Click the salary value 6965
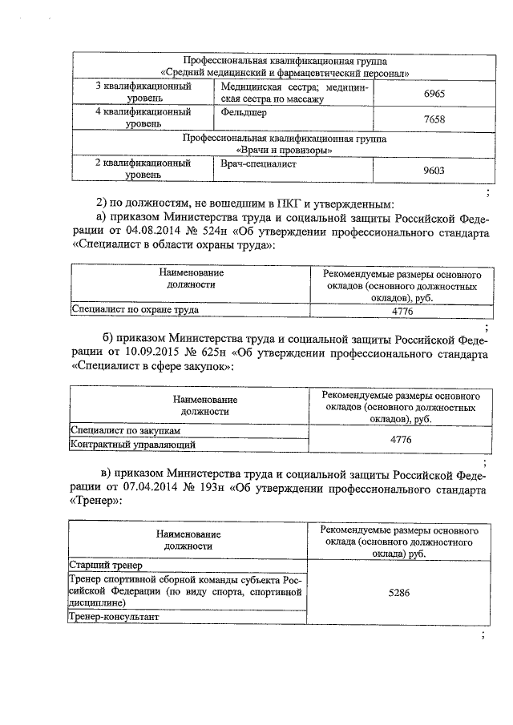[x=434, y=95]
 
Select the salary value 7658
[x=434, y=119]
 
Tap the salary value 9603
[x=434, y=170]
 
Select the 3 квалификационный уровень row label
[x=143, y=92]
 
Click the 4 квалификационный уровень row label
[x=143, y=119]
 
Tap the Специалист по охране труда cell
[x=135, y=308]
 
